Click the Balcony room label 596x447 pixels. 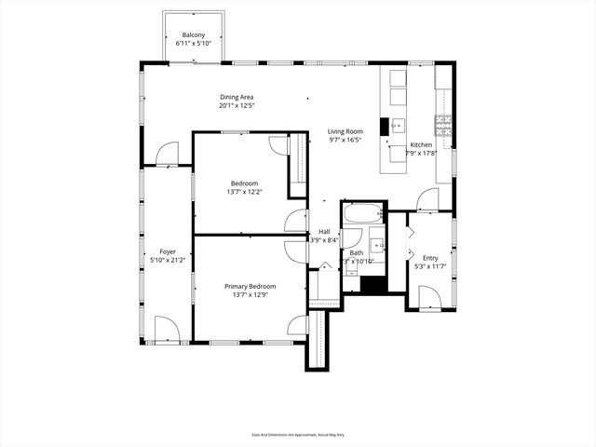pyautogui.click(x=194, y=35)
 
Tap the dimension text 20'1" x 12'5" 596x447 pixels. pyautogui.click(x=237, y=105)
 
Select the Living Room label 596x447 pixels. pyautogui.click(x=345, y=131)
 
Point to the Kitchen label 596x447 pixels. pyautogui.click(x=421, y=145)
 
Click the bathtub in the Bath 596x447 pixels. pyautogui.click(x=360, y=214)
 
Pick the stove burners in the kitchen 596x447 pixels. pyautogui.click(x=442, y=125)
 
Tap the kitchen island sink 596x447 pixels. pyautogui.click(x=397, y=126)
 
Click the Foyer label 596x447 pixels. pyautogui.click(x=168, y=251)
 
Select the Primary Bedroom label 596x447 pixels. pyautogui.click(x=250, y=286)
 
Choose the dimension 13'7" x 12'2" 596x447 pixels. pyautogui.click(x=244, y=192)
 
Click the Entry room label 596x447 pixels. pyautogui.click(x=430, y=258)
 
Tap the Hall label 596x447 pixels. pyautogui.click(x=324, y=231)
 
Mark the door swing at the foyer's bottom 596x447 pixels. pyautogui.click(x=165, y=329)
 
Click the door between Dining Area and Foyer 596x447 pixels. pyautogui.click(x=167, y=155)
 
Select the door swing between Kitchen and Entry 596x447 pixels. pyautogui.click(x=427, y=199)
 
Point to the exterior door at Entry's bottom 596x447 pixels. pyautogui.click(x=429, y=298)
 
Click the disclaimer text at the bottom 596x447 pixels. pyautogui.click(x=298, y=434)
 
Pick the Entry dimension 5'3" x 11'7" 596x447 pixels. pyautogui.click(x=430, y=267)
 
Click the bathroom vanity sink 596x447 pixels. pyautogui.click(x=376, y=246)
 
